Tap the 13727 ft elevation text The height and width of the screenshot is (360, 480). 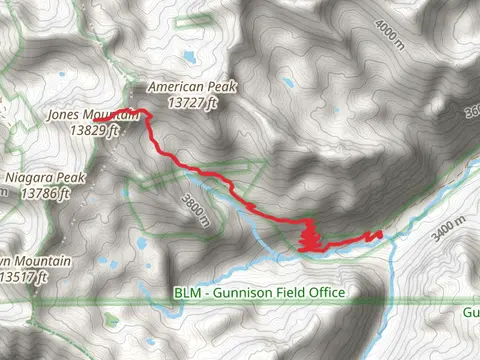(x=193, y=101)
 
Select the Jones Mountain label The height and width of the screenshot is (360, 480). (x=93, y=115)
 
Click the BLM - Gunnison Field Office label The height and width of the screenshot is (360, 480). (x=259, y=292)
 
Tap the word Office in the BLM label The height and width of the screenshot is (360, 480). (x=325, y=292)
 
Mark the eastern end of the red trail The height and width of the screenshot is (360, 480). (x=380, y=234)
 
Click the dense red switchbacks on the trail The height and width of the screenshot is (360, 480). (x=310, y=238)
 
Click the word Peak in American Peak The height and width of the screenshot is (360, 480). (x=222, y=87)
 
